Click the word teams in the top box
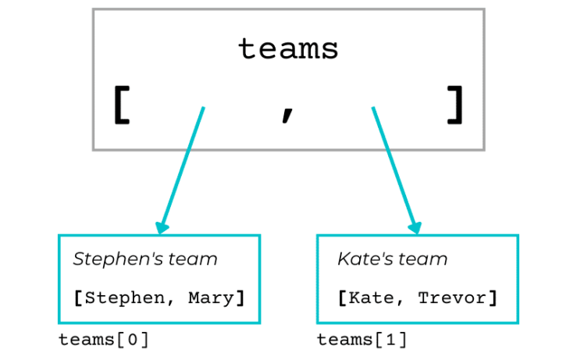(x=288, y=49)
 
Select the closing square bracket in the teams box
(x=455, y=106)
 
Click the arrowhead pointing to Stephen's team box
(x=162, y=227)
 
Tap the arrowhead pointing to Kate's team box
(x=415, y=227)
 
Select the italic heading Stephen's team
(x=145, y=259)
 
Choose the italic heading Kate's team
(x=393, y=259)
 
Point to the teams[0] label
(x=104, y=340)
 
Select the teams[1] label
(x=362, y=340)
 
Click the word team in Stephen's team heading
(x=196, y=259)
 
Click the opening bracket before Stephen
(x=78, y=298)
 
